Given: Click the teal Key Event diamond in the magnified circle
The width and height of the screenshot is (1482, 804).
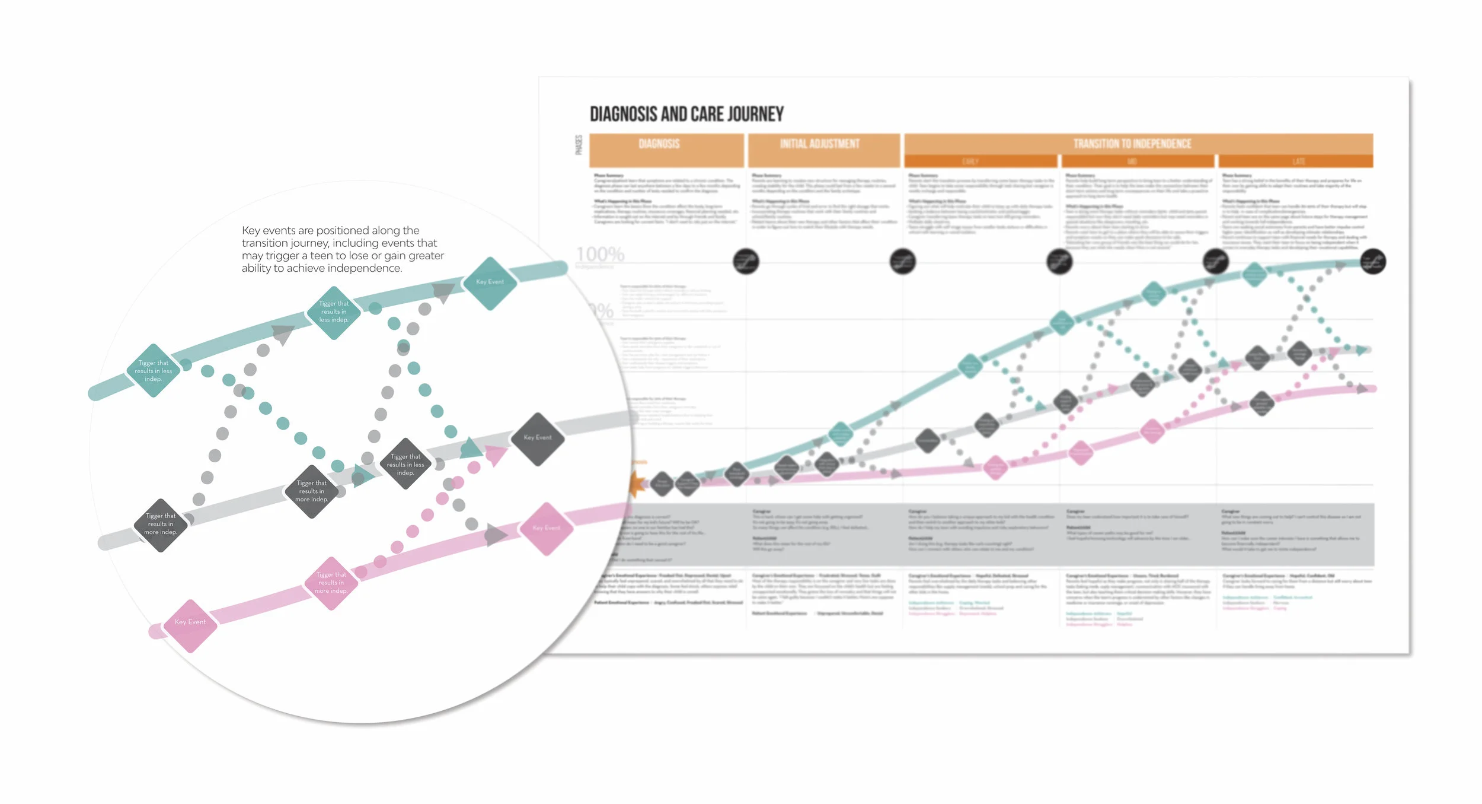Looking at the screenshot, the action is click(490, 283).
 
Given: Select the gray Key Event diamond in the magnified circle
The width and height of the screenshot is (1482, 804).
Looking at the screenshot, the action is click(537, 438).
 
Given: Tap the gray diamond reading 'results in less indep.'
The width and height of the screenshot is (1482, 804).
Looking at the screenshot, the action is click(405, 464).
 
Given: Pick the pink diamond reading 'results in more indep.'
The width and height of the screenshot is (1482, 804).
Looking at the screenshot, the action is click(331, 583).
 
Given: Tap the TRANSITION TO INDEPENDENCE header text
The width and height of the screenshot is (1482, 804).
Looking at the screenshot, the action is click(1132, 144).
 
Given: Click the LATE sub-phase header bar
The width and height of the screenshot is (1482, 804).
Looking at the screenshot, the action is click(1295, 161).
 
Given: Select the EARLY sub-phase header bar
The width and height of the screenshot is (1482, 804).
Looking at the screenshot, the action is click(980, 161).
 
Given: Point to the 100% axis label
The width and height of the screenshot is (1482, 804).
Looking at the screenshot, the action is click(600, 255).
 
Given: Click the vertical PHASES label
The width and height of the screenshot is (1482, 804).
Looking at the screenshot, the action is click(579, 145).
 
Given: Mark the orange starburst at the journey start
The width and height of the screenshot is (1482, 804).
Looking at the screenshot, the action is click(637, 484).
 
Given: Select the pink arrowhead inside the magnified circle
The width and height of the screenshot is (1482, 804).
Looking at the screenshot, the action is click(495, 455).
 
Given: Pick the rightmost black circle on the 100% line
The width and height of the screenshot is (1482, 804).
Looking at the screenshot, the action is click(1372, 262).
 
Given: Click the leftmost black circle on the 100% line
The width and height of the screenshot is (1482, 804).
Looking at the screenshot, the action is click(746, 261).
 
